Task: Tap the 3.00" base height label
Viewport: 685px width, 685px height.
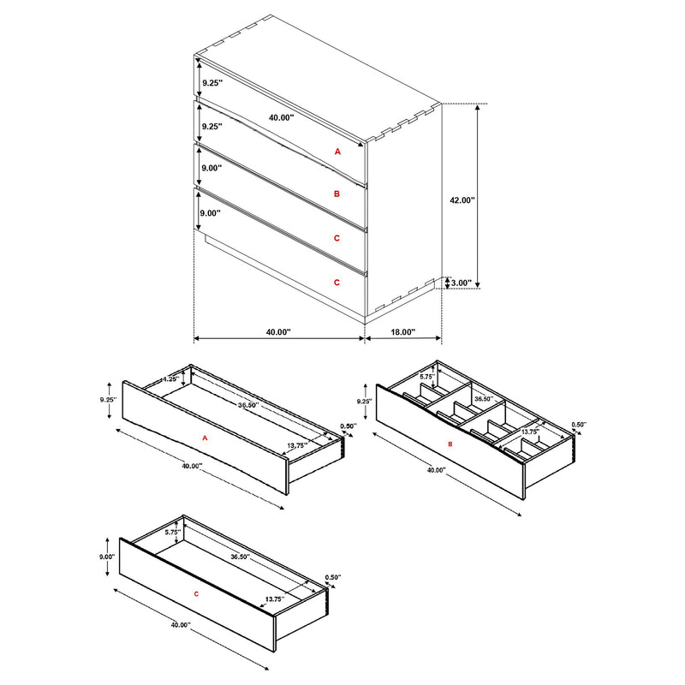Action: coord(461,283)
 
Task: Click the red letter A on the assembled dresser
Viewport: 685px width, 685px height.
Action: coord(337,151)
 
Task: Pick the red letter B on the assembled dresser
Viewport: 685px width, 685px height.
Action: coord(337,194)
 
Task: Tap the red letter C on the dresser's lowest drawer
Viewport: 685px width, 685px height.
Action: coord(337,281)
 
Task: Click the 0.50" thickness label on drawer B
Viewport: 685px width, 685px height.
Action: coord(579,426)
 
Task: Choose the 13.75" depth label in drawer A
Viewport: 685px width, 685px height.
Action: coord(297,445)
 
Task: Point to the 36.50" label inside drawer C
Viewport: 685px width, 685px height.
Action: coord(241,557)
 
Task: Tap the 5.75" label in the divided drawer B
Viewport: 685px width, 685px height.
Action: coord(427,376)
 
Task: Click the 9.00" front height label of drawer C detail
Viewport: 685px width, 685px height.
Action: coord(107,557)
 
